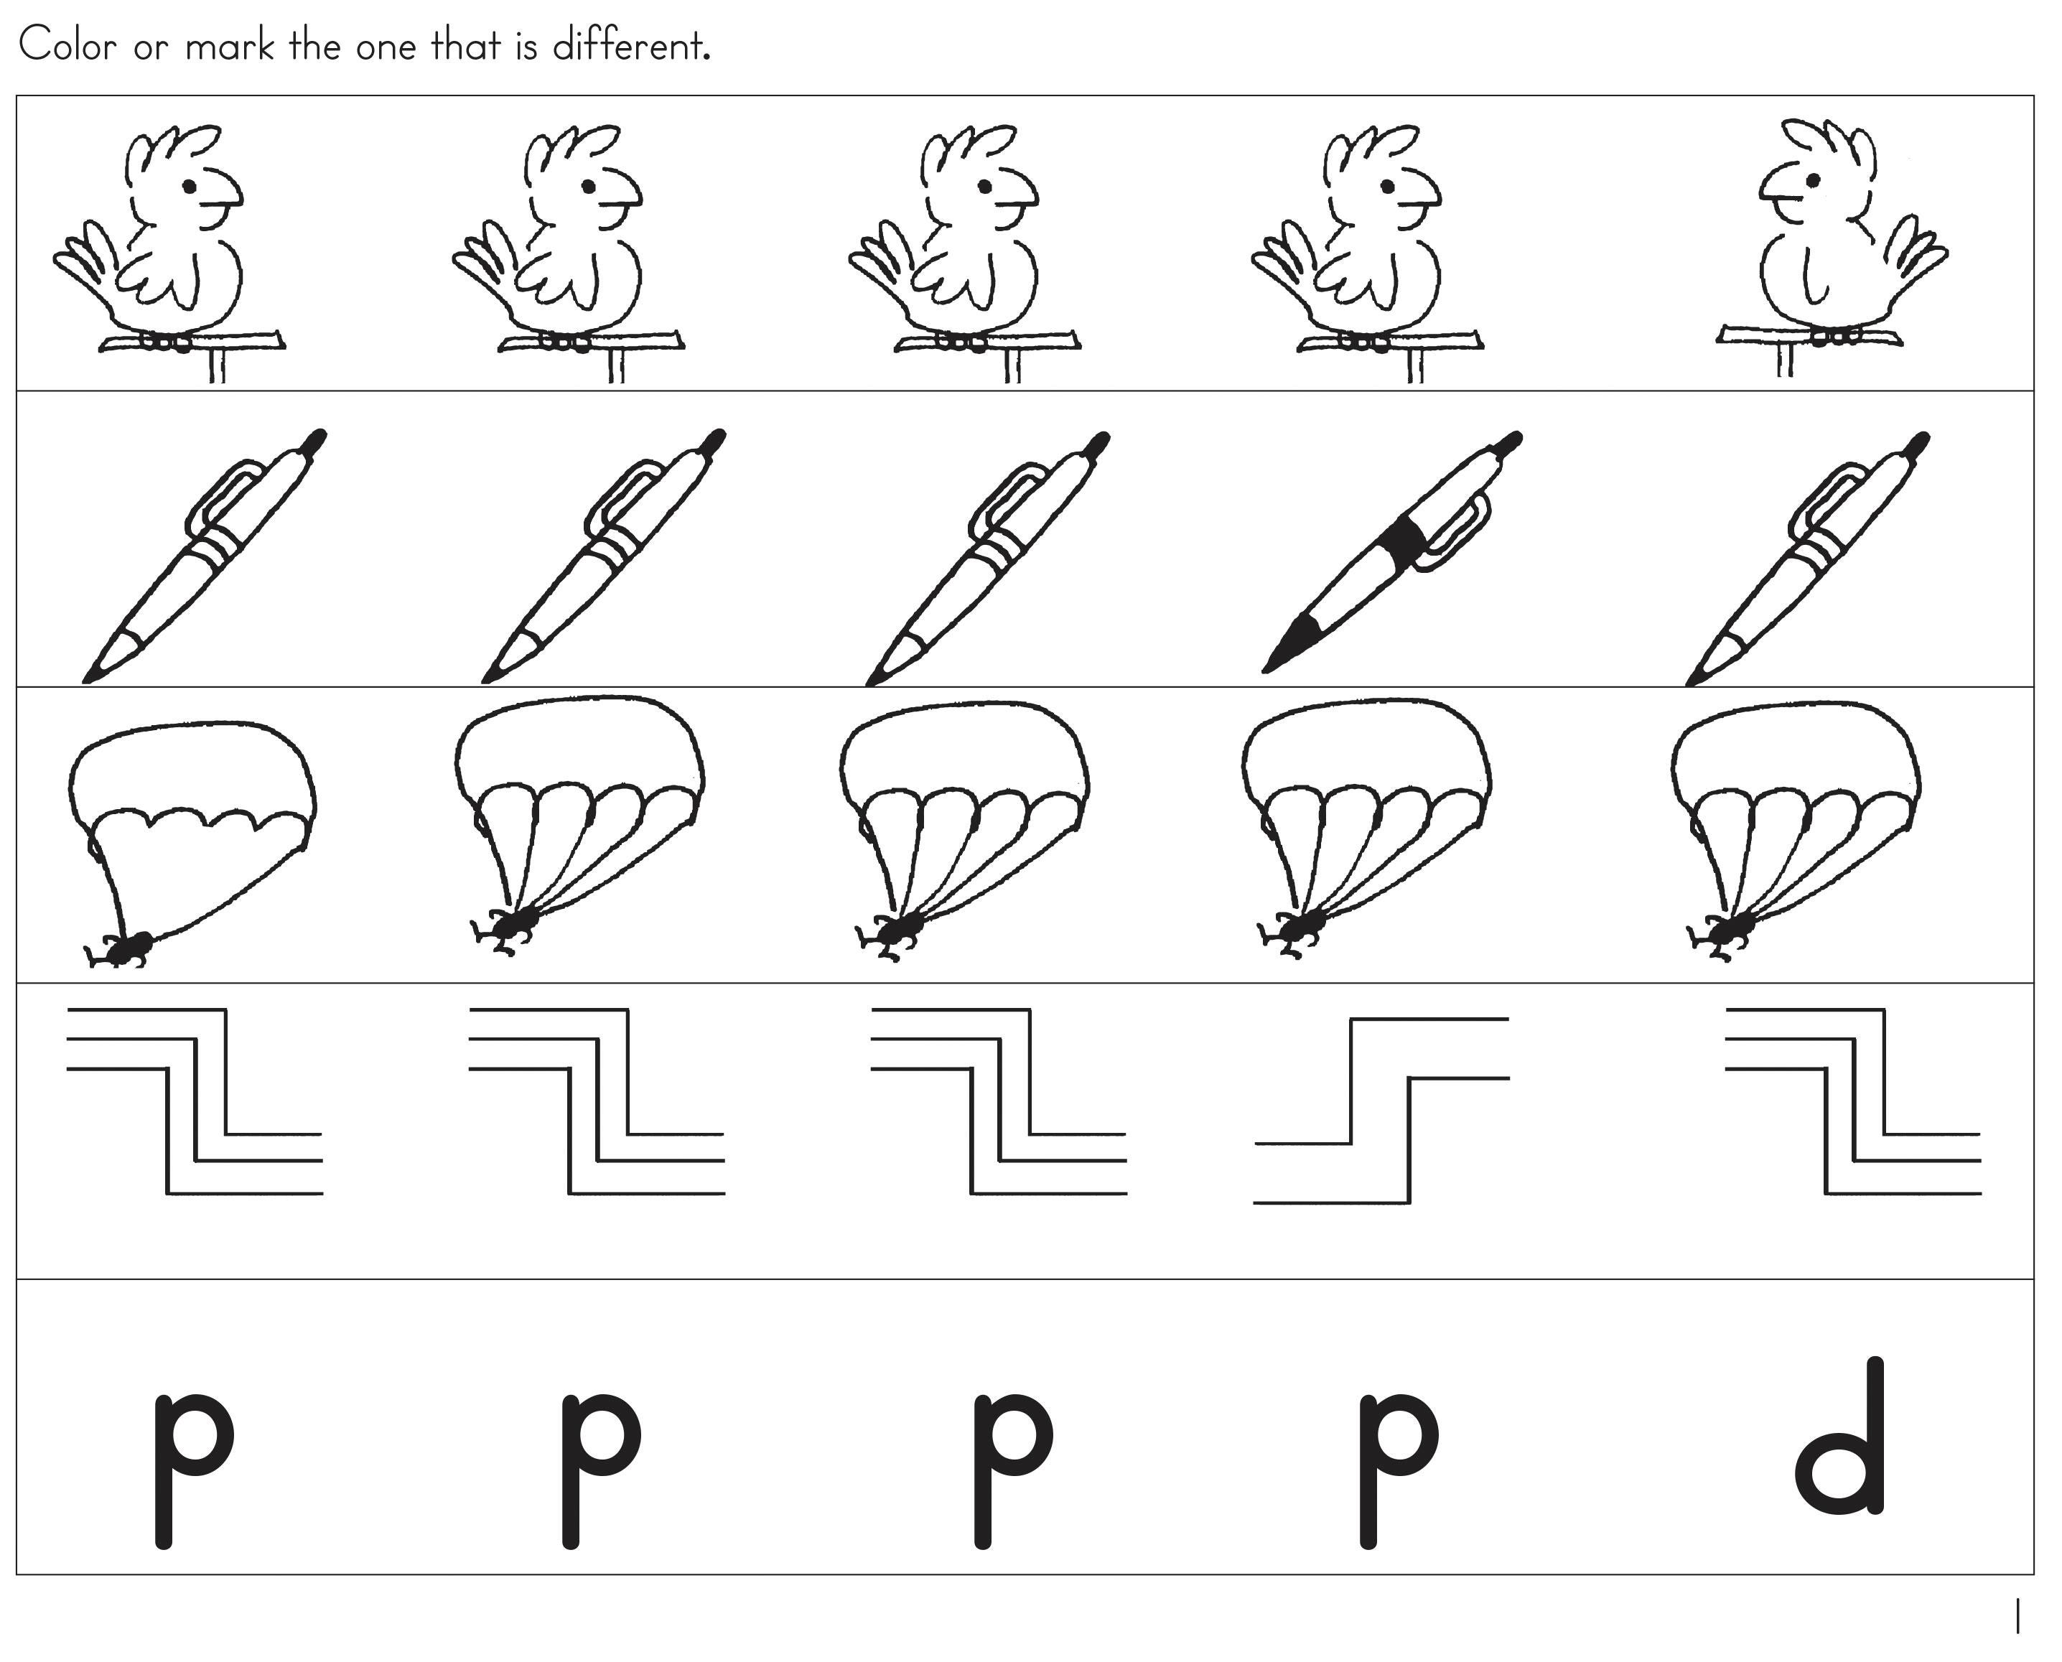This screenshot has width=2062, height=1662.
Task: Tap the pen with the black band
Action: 1393,552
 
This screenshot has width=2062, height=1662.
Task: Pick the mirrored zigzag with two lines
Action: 1381,1111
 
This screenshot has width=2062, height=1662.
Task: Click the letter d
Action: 1840,1436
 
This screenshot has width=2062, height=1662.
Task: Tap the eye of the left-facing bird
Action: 1812,180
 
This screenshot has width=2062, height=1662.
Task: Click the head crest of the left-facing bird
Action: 1829,144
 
